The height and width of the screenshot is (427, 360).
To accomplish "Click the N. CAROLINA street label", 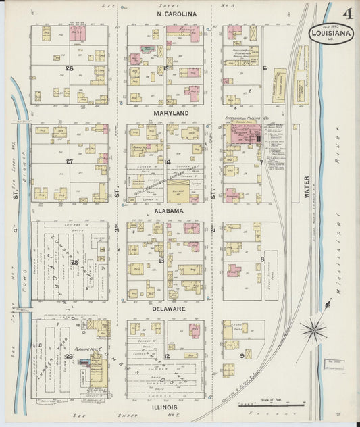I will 176,14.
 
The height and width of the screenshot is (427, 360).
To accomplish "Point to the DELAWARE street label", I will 168,309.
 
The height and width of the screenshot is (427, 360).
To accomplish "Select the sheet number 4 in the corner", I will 346,11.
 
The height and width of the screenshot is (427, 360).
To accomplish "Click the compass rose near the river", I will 313,330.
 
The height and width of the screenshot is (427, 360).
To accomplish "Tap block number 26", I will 70,68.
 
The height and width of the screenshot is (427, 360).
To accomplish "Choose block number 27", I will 70,162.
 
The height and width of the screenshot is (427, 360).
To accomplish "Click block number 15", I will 165,68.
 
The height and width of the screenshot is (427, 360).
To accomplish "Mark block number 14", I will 167,162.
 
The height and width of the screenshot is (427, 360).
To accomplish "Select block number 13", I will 161,260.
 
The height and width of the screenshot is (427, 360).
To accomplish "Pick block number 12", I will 166,355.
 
